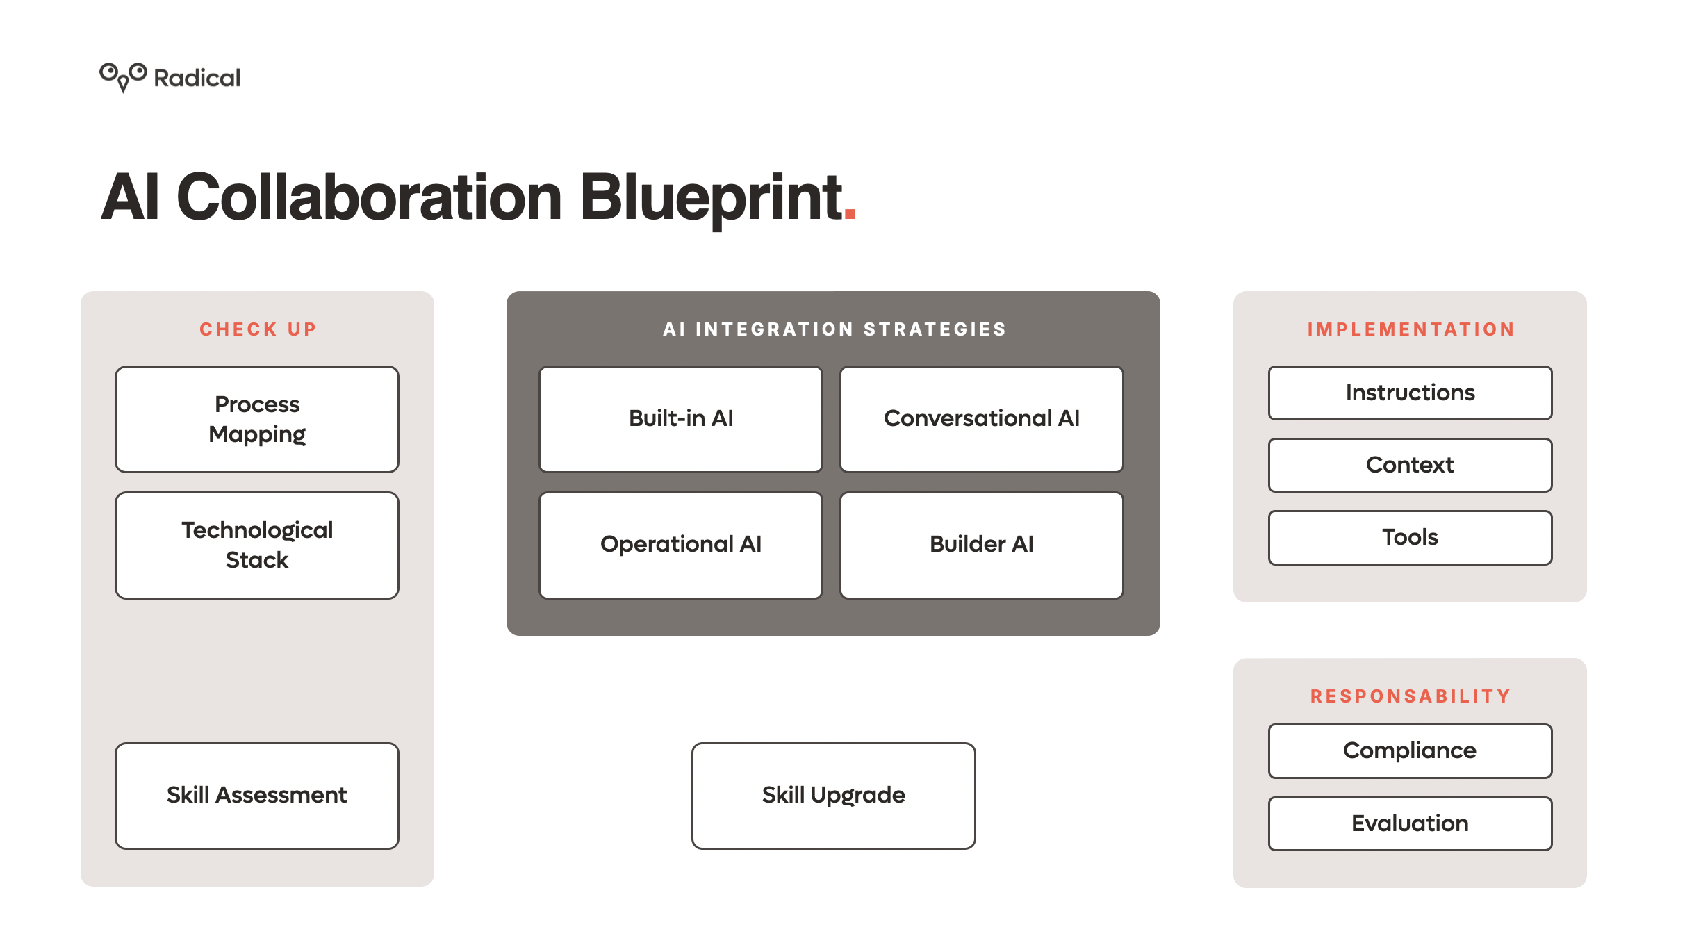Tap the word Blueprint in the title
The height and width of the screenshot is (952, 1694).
pos(711,198)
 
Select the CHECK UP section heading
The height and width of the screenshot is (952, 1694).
pos(258,329)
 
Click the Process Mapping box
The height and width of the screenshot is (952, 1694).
pos(257,419)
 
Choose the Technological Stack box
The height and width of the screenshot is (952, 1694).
pos(257,545)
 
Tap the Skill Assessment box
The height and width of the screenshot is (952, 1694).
pos(257,796)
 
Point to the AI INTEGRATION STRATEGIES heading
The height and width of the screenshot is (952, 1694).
pos(834,329)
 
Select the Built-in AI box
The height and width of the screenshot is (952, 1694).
pos(681,419)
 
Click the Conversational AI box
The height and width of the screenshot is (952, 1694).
pos(982,419)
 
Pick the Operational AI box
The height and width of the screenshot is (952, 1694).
pos(681,545)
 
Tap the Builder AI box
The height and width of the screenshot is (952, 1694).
pos(982,545)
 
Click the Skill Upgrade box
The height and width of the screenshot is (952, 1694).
pos(834,796)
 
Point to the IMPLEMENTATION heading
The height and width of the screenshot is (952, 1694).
pos(1411,329)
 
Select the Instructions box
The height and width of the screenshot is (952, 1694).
pos(1411,393)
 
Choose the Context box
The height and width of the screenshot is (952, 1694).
pos(1411,465)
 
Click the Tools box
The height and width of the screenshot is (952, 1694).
pos(1411,538)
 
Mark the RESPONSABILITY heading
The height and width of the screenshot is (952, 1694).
pos(1411,696)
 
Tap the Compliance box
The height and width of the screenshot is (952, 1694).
pos(1411,751)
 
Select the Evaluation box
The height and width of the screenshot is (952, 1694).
pos(1411,823)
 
